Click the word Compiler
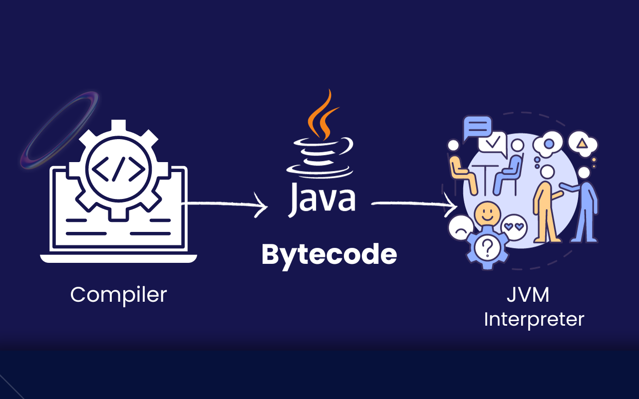[118, 295]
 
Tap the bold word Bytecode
[329, 255]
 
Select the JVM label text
[528, 295]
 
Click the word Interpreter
[534, 319]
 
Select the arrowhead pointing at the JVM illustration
[451, 204]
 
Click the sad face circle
[461, 228]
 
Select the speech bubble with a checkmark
[493, 143]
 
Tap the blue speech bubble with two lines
[477, 127]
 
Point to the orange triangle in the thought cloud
[582, 144]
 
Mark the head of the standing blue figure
[584, 173]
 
